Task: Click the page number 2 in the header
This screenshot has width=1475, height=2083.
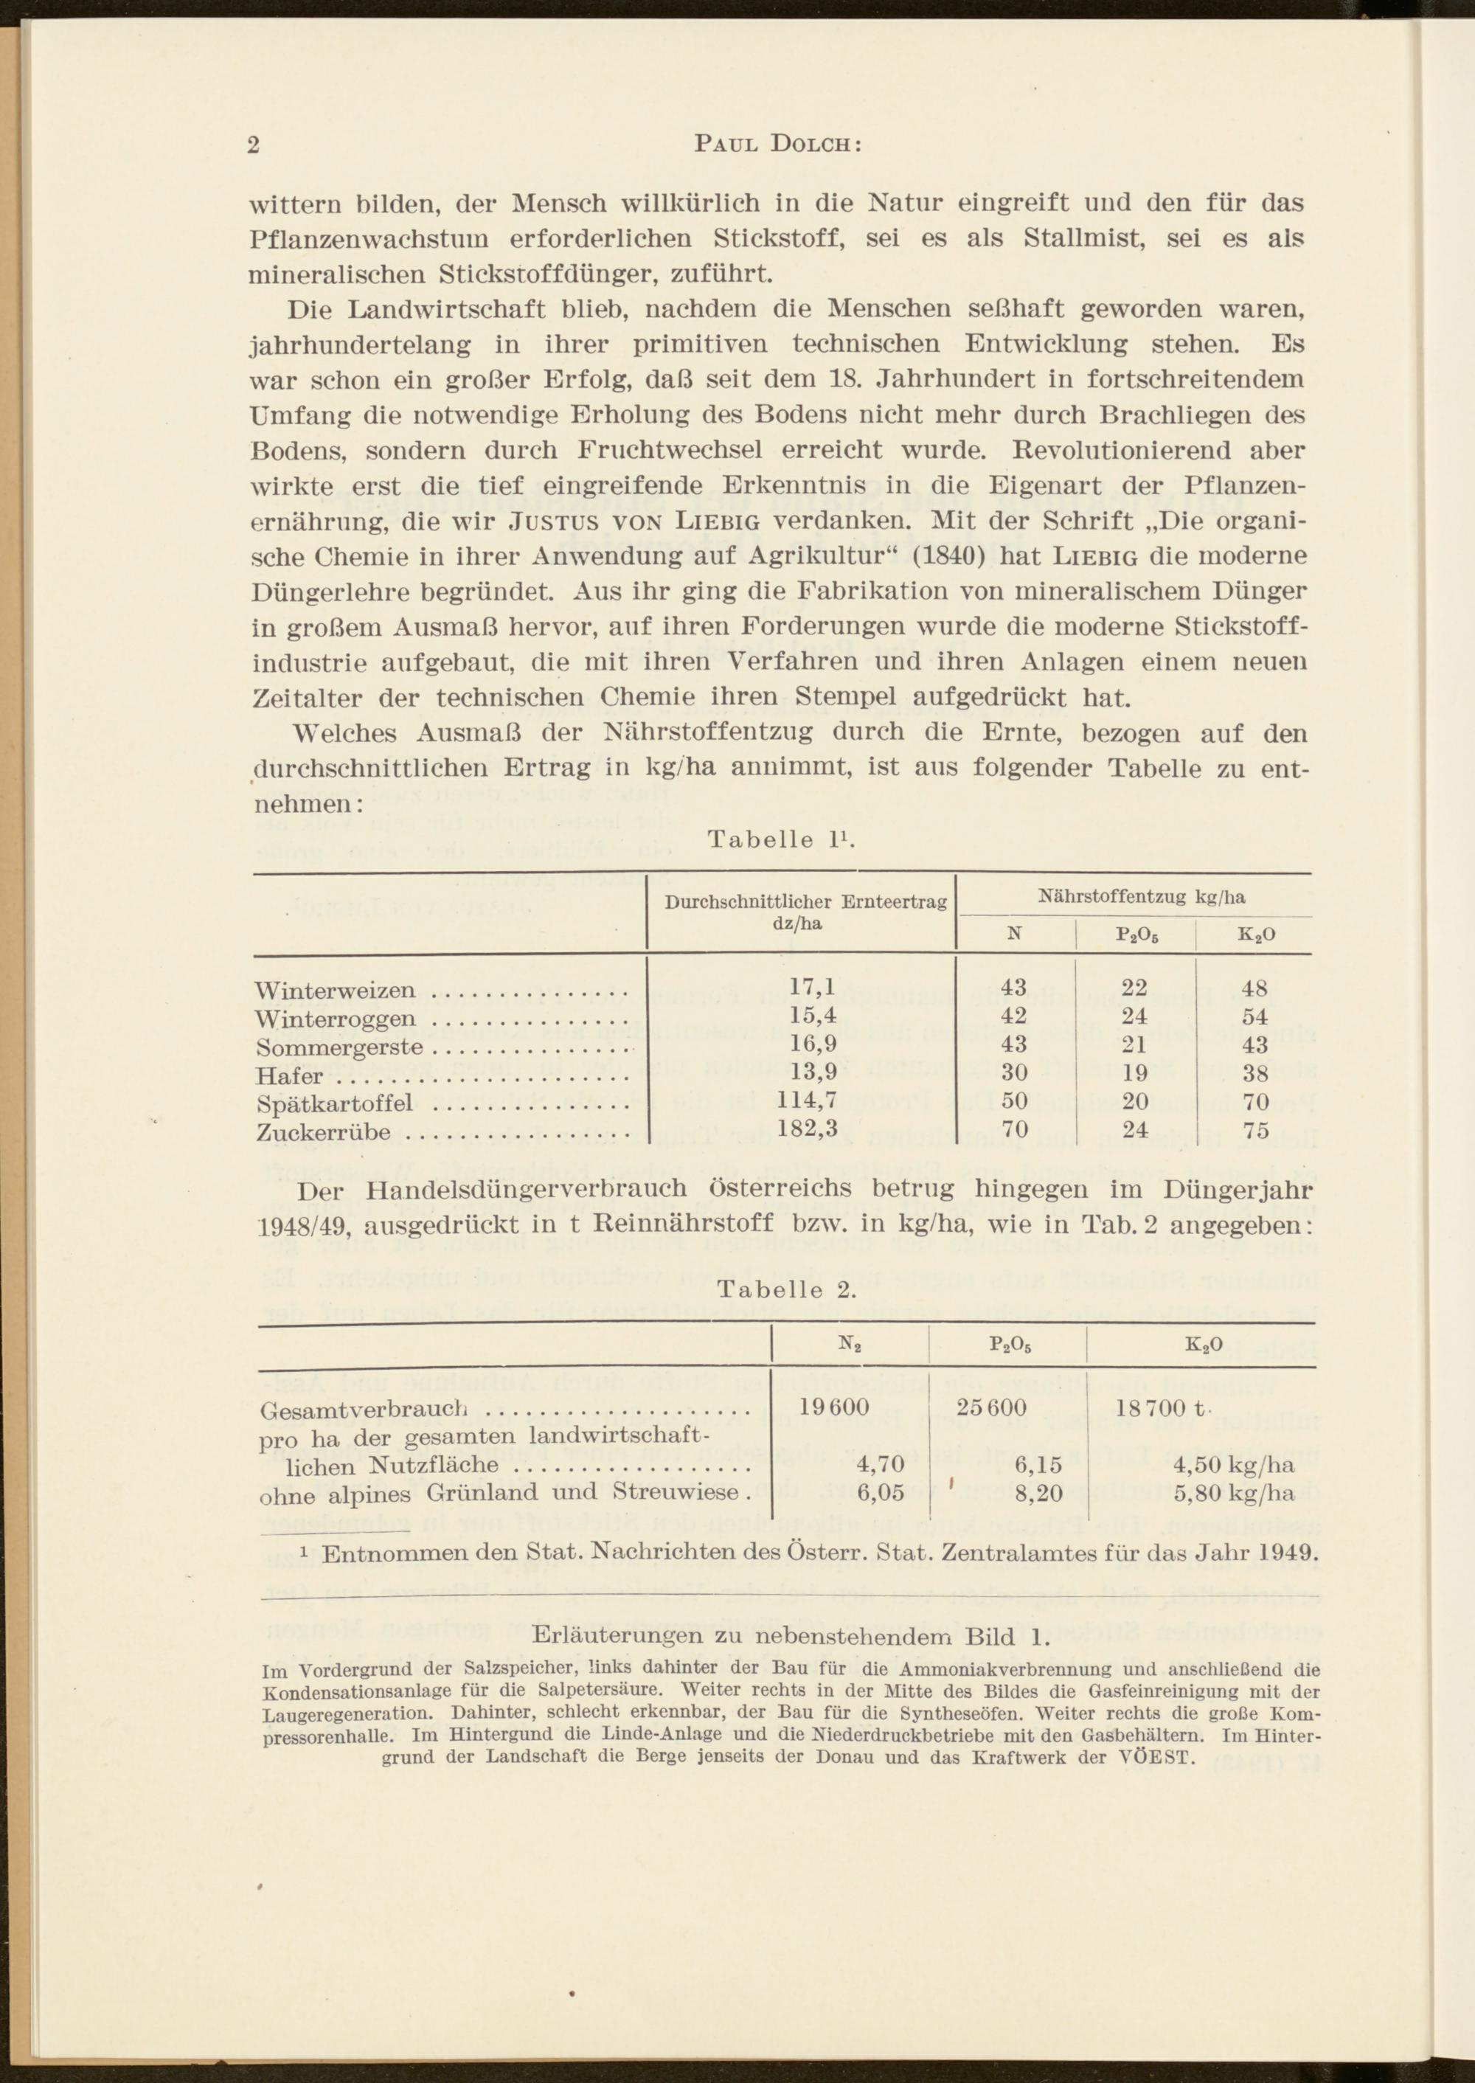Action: pos(254,146)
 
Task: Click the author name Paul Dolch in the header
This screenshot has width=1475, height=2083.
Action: pos(777,145)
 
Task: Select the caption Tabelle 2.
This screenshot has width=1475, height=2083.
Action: pos(787,1291)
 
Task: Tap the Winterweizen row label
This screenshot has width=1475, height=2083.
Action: pos(335,990)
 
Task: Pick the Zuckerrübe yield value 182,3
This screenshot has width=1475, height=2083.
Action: pos(808,1129)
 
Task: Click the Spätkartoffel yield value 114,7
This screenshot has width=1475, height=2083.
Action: pos(808,1101)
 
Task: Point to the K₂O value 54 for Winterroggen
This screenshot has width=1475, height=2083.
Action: pos(1254,1016)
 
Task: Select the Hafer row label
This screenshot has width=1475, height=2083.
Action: pos(290,1075)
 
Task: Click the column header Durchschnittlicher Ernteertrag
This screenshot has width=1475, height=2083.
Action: pos(805,902)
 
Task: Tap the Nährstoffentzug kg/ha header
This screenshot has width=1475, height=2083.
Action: pos(1141,897)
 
